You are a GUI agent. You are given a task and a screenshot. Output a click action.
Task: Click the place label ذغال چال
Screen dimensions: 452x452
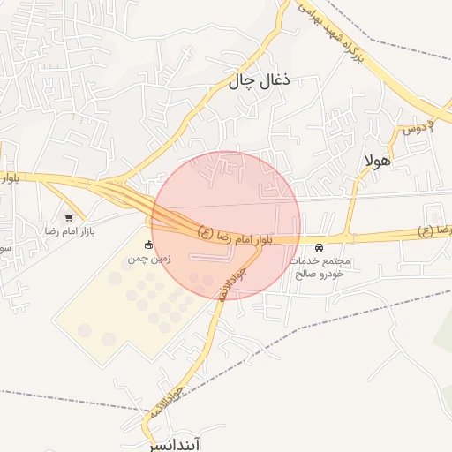260,81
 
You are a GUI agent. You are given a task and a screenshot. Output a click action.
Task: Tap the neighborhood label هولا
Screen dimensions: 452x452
376,161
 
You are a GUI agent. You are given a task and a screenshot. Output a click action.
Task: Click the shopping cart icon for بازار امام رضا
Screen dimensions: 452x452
69,216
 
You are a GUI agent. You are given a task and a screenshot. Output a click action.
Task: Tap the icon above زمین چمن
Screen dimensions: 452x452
148,245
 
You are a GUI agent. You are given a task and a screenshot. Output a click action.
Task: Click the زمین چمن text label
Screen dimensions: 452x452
148,259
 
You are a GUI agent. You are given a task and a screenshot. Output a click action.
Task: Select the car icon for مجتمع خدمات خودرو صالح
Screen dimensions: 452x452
319,248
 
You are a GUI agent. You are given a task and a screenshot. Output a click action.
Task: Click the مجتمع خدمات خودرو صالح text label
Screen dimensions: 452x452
320,267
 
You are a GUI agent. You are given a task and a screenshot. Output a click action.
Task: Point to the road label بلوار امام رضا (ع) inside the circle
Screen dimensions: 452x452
237,237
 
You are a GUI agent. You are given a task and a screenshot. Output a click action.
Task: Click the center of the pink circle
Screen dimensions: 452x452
226,226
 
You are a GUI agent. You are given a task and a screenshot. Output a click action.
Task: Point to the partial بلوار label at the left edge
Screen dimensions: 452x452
9,177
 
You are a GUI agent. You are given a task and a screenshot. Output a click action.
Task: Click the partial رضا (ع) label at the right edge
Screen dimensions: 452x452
436,230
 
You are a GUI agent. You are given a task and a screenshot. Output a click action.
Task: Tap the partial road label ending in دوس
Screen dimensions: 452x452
418,128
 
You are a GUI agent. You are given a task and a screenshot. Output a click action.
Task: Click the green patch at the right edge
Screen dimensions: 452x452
443,335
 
